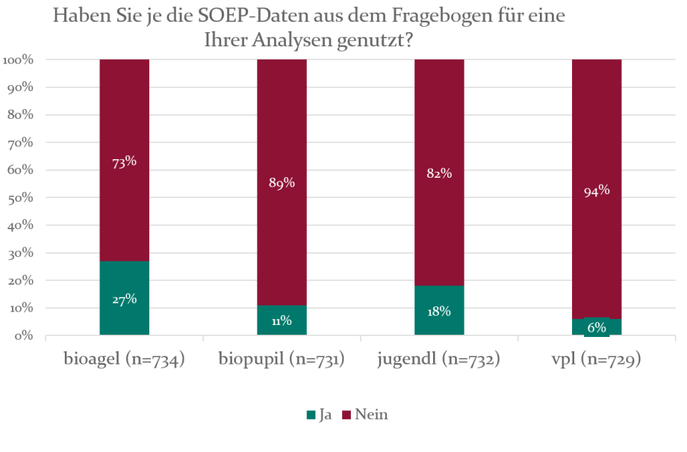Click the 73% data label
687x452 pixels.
(124, 161)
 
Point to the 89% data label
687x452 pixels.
(282, 183)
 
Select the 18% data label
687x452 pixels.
(439, 311)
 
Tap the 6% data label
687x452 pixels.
(597, 326)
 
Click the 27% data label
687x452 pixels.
(124, 299)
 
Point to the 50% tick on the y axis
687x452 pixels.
(20, 197)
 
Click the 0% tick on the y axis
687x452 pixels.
(23, 335)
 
